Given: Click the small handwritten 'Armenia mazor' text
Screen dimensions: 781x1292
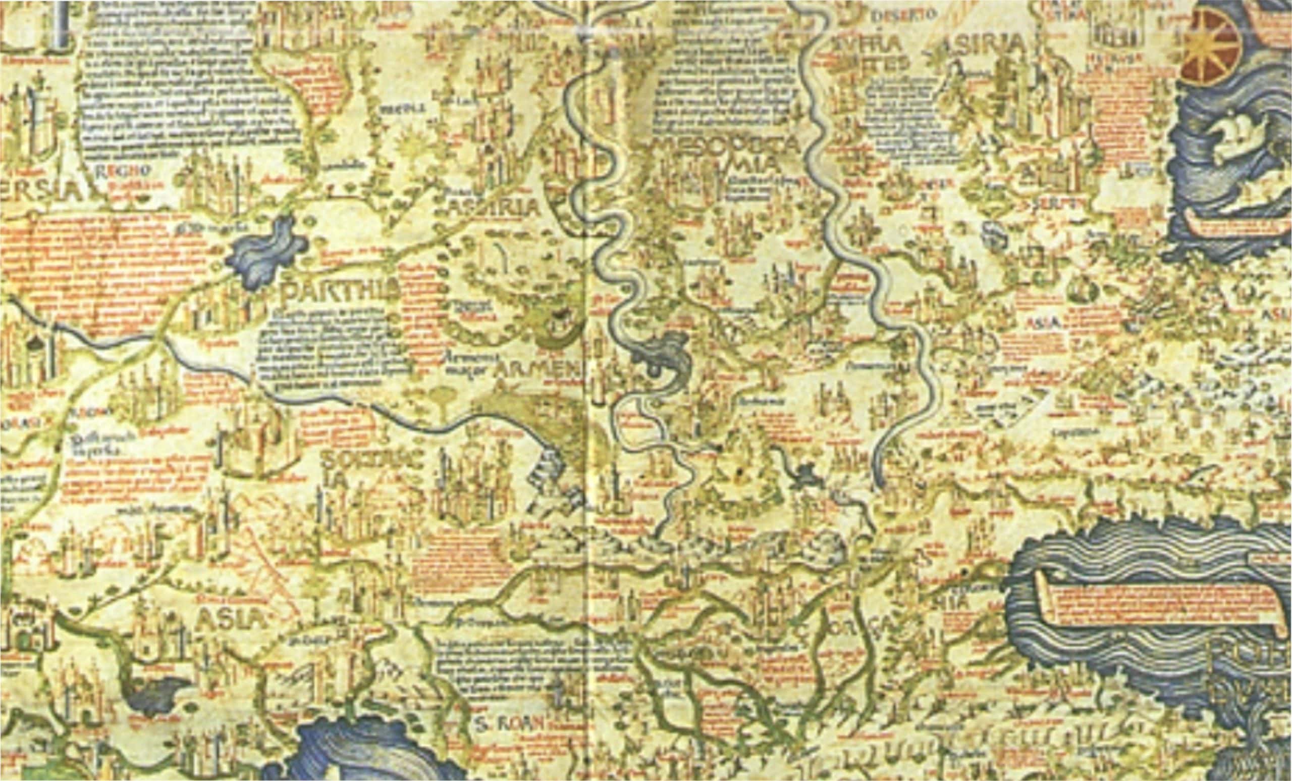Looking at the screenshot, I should click(x=463, y=361).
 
